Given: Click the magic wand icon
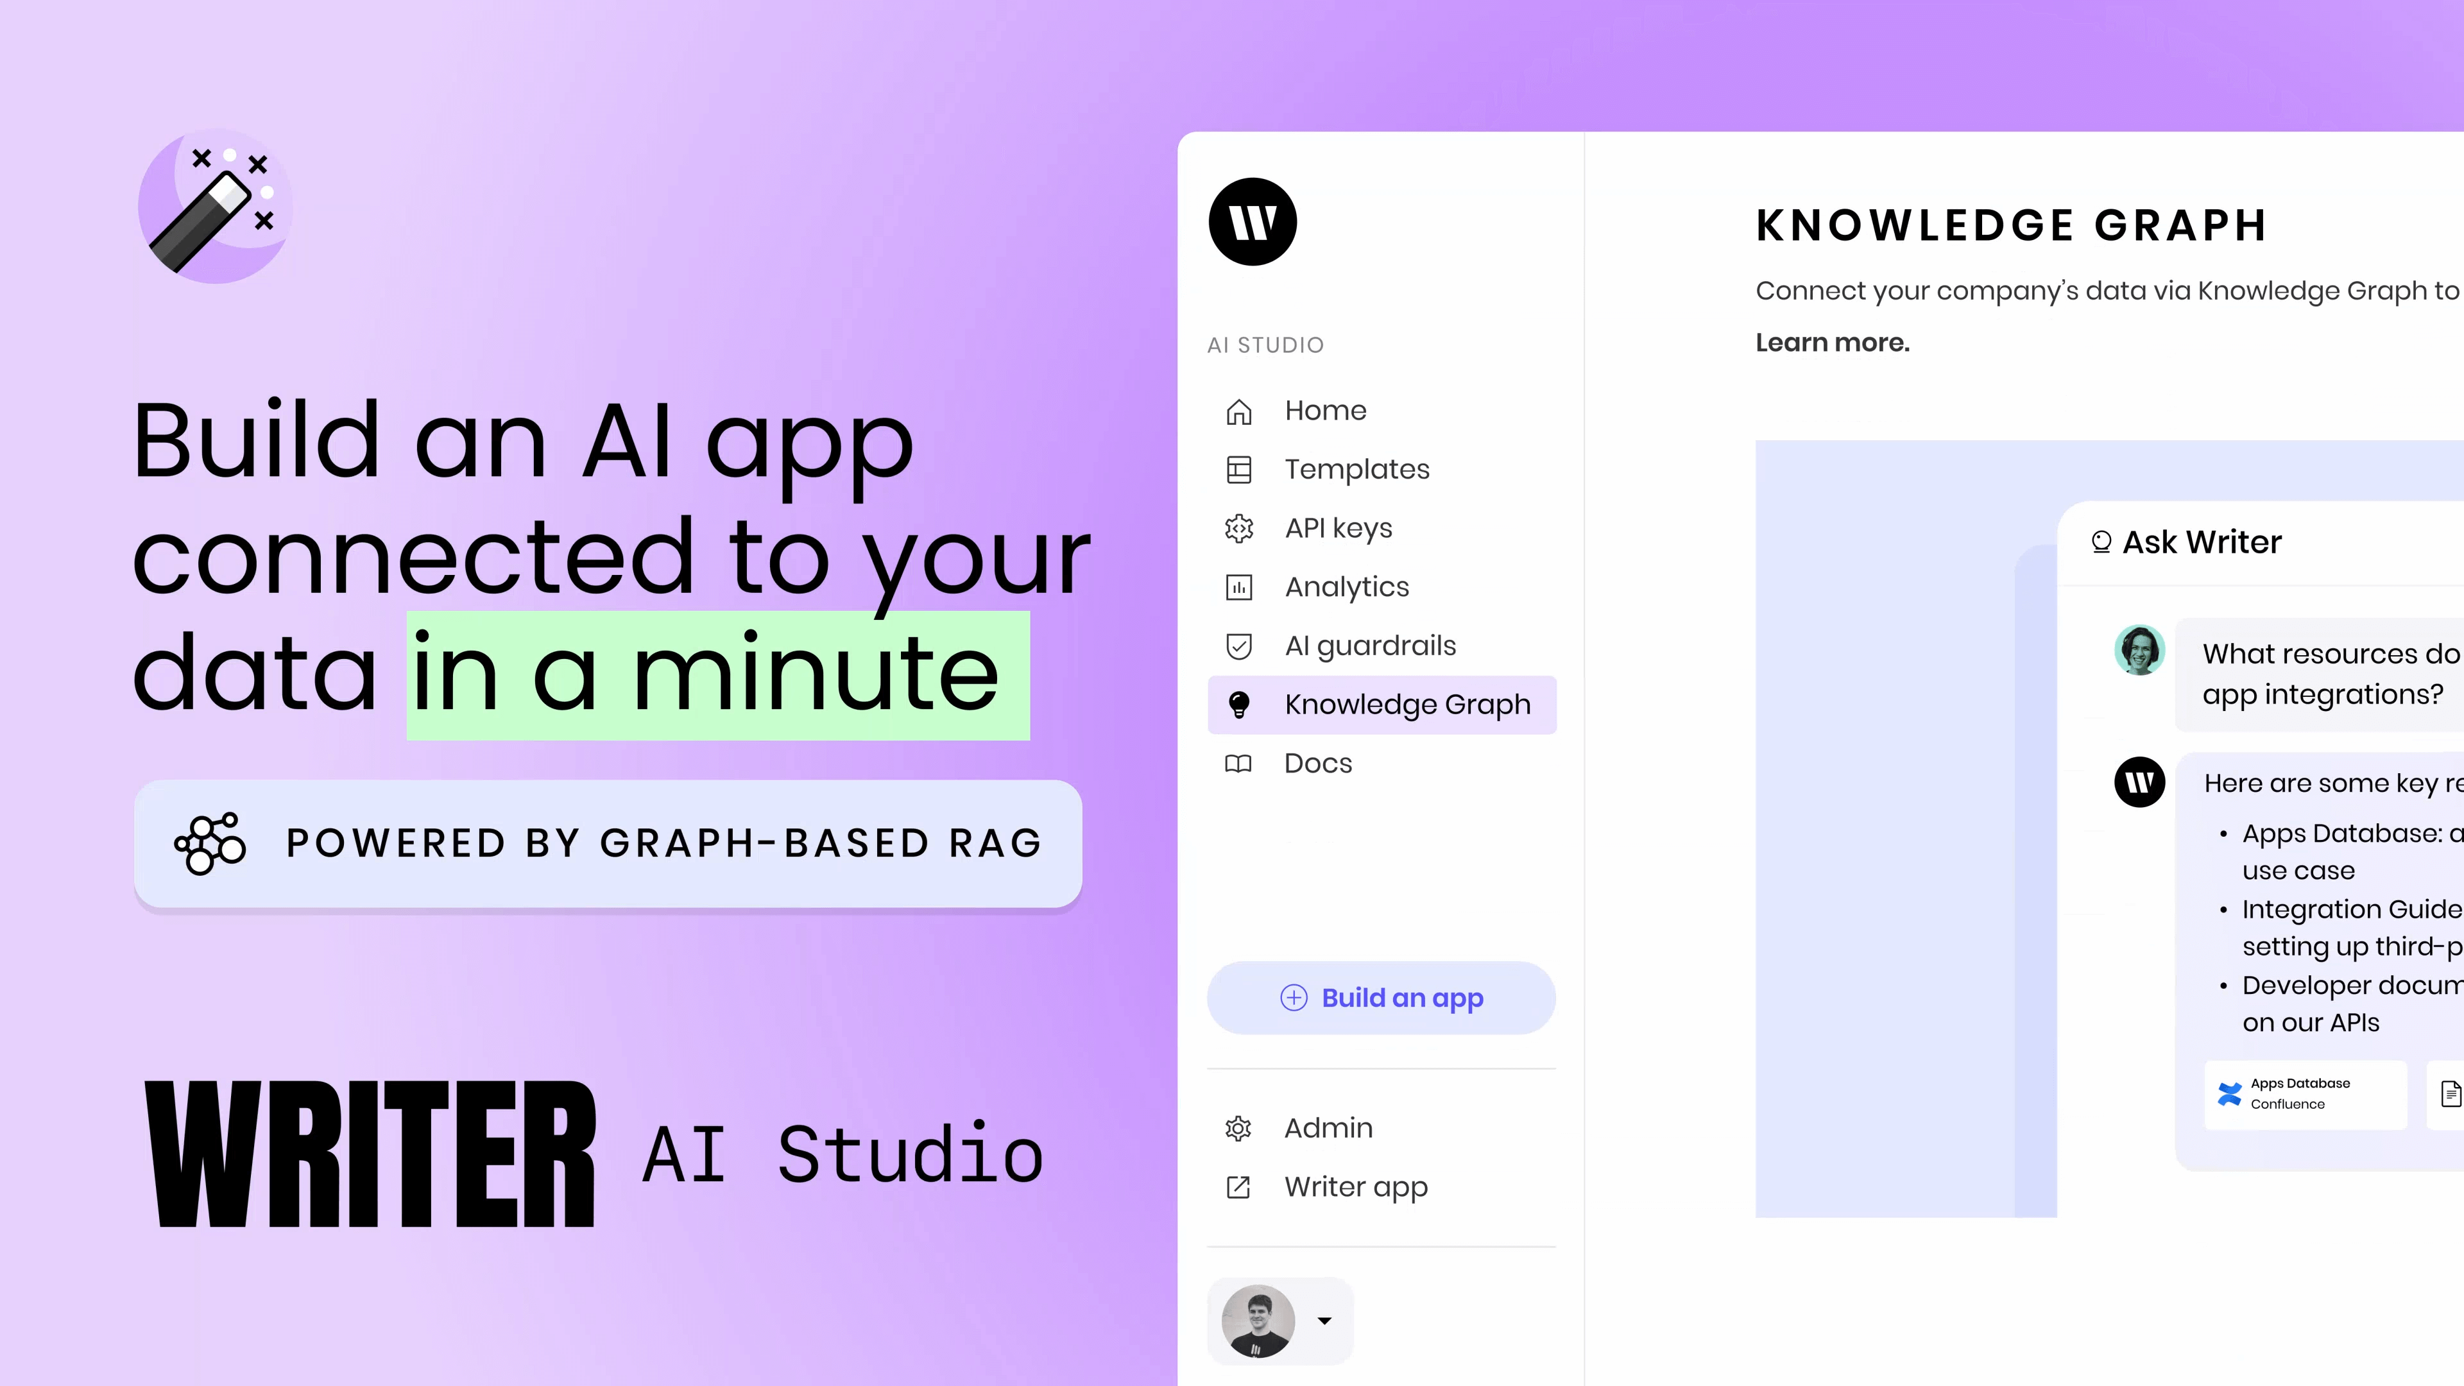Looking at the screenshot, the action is click(215, 205).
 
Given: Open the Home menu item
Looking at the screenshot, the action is click(1325, 411).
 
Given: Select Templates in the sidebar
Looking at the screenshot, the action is click(1356, 470).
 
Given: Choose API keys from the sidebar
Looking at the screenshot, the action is click(1338, 528).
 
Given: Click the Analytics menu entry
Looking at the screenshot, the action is click(1346, 587).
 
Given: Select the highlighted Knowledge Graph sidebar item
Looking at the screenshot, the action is click(1382, 705).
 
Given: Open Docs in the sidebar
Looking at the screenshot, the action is click(1317, 764).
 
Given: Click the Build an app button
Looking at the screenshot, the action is click(1382, 998).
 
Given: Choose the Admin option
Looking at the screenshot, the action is click(1328, 1129).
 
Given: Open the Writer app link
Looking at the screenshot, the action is click(1355, 1187).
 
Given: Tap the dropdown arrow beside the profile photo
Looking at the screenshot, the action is click(1325, 1321).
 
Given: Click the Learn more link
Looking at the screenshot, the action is click(1833, 343).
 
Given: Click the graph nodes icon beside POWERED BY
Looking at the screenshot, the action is click(210, 844).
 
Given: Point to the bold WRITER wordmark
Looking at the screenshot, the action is click(371, 1154).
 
